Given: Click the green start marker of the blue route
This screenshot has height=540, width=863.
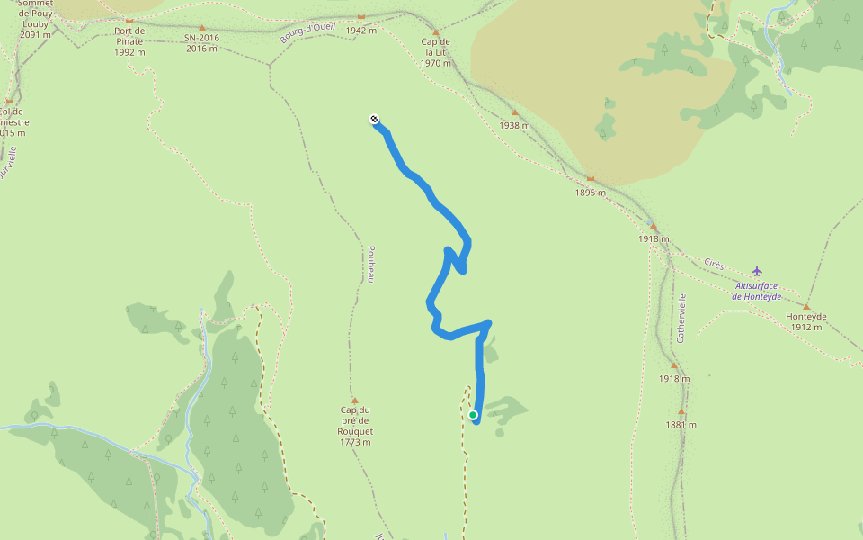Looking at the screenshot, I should [x=473, y=415].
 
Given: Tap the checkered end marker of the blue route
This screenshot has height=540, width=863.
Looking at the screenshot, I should [x=374, y=119].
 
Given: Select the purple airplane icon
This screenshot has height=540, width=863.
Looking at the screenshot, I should [x=757, y=270].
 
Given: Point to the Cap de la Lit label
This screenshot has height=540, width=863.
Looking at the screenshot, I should [x=435, y=52].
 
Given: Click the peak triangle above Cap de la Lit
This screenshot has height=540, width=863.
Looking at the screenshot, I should [x=435, y=31].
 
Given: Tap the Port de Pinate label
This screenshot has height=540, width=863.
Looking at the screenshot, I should [x=129, y=41].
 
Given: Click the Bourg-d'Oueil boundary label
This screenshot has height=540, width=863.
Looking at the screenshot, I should [x=307, y=32].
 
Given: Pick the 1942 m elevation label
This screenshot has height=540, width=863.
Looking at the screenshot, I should [x=360, y=31].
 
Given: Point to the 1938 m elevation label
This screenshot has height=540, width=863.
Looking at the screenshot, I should [x=514, y=126].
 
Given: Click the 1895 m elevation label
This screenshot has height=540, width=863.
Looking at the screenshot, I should [x=591, y=193].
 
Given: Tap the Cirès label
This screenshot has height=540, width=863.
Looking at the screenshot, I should [x=714, y=264].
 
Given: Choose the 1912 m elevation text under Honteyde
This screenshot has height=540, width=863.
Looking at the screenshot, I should [x=805, y=327].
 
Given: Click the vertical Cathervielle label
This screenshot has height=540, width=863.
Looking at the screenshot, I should [x=681, y=318].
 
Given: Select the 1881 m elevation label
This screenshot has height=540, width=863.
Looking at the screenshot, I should [x=681, y=425].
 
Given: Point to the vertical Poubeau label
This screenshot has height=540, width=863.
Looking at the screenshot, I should [x=369, y=265].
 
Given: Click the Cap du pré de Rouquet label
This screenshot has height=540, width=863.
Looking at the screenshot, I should [x=355, y=426].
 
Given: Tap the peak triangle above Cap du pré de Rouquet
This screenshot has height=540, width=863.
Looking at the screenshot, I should [x=355, y=400].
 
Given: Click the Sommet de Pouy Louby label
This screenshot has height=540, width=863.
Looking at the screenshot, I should [x=35, y=19].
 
